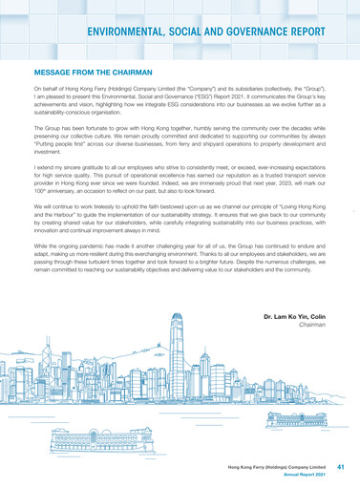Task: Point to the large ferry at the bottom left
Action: coord(94,443)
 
